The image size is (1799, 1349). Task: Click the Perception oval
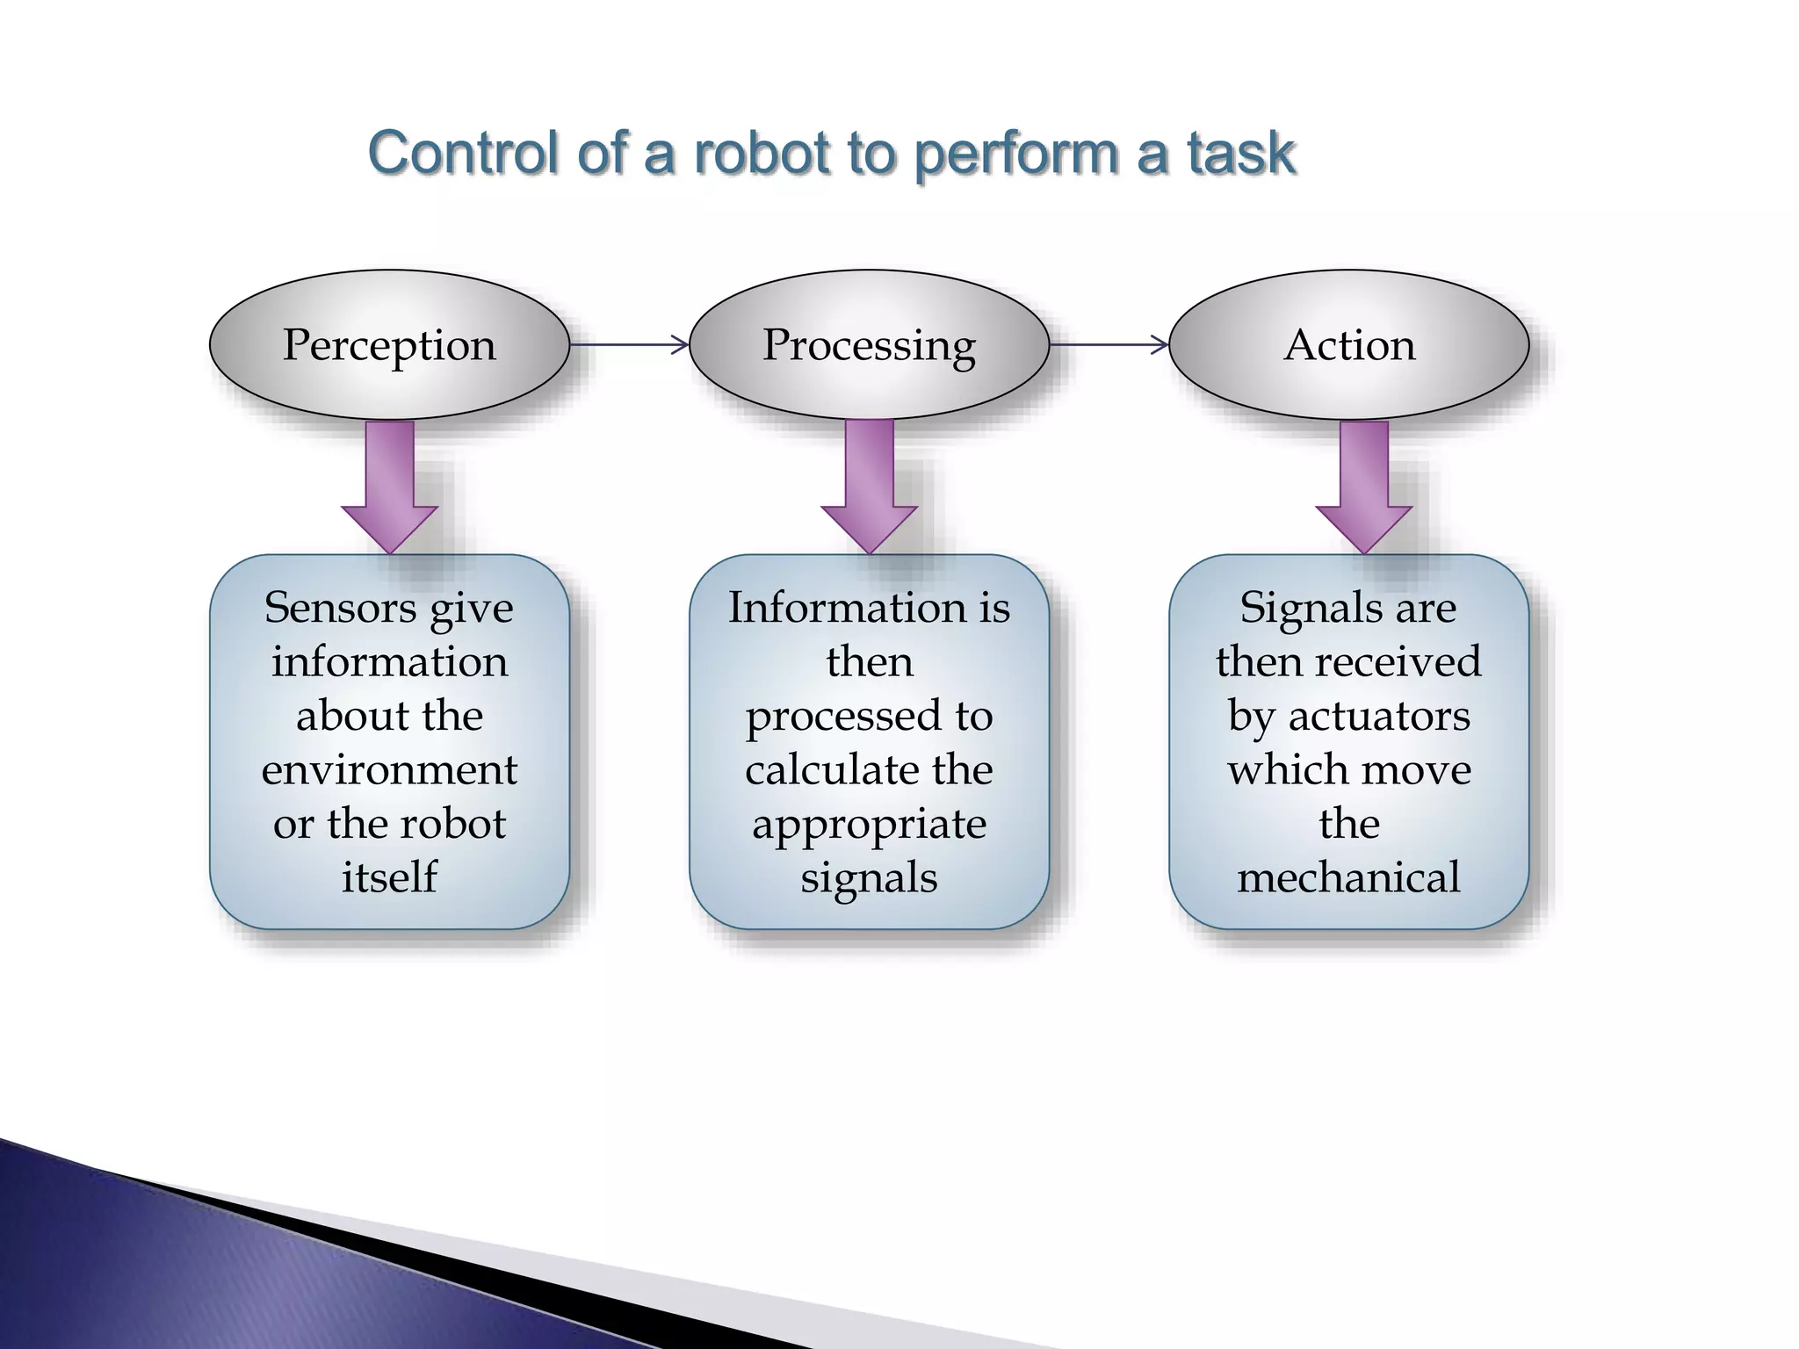389,344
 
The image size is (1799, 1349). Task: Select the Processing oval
869,344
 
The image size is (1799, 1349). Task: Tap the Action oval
1349,344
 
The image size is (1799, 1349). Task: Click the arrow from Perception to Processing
629,344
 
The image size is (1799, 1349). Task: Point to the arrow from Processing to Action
1109,344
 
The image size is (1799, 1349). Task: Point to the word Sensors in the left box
339,607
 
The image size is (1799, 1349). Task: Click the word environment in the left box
389,769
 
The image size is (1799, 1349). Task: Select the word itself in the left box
389,876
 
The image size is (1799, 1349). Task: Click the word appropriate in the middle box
869,824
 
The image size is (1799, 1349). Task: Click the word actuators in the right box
1379,715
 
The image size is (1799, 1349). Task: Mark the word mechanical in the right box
1348,876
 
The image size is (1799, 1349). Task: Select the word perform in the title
1016,155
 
